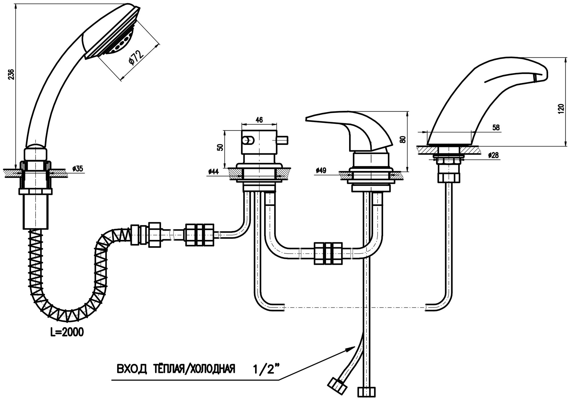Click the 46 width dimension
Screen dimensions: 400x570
pyautogui.click(x=259, y=120)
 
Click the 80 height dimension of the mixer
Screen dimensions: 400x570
pyautogui.click(x=403, y=140)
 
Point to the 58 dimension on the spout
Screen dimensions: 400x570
pyautogui.click(x=496, y=128)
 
